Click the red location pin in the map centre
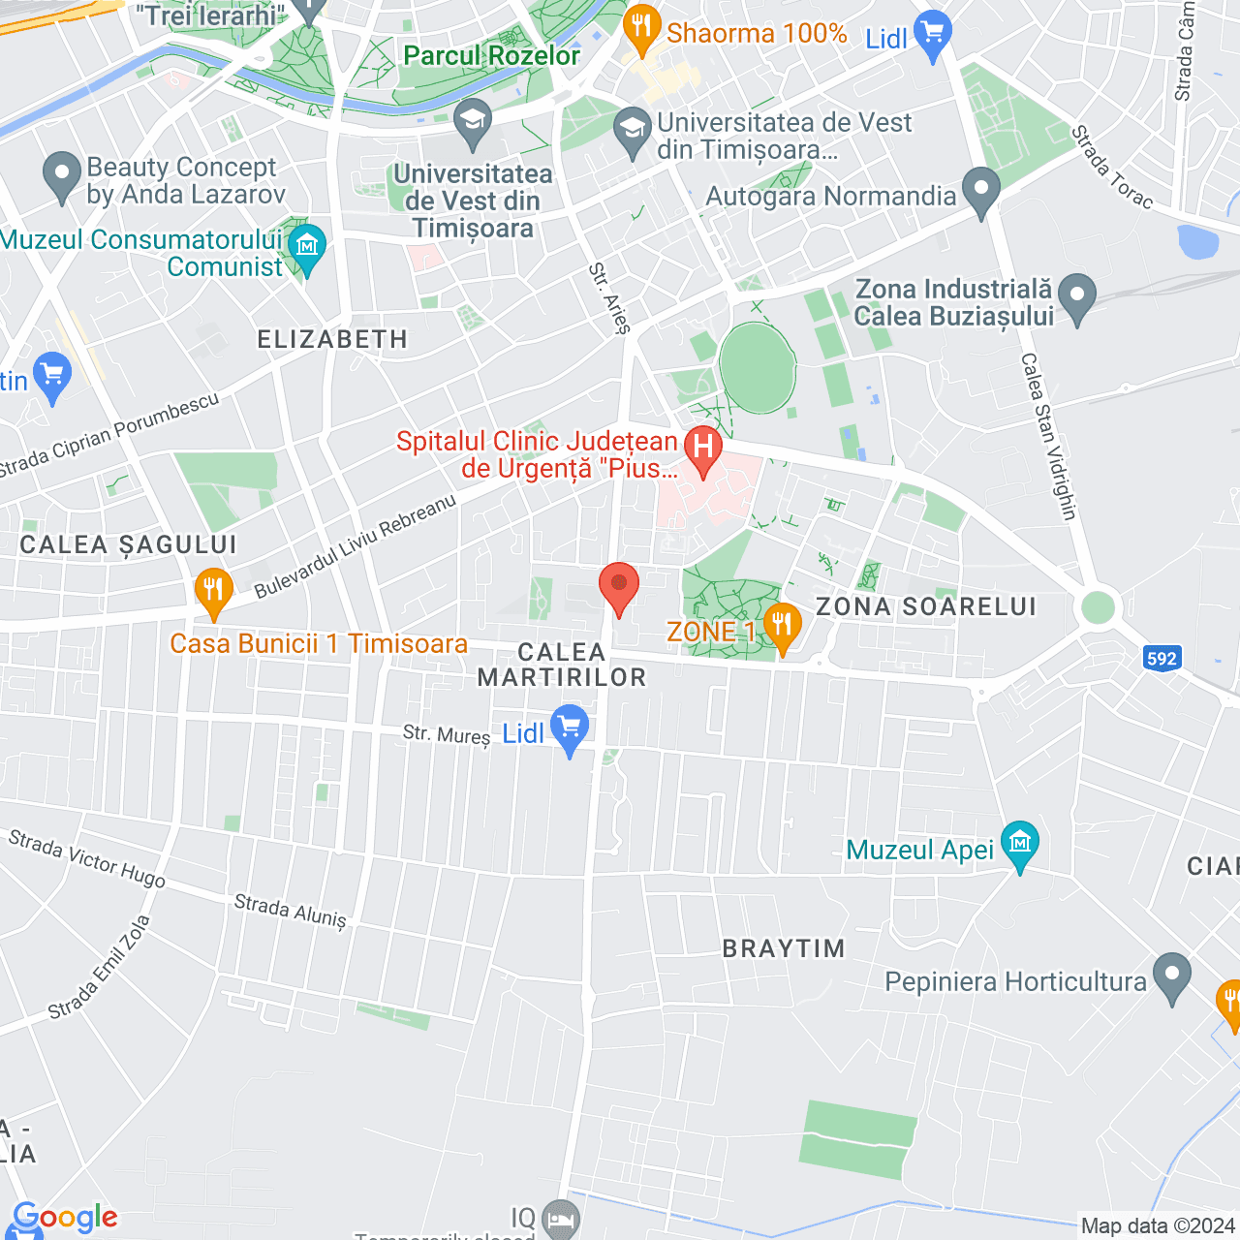tap(618, 585)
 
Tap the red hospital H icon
tap(703, 448)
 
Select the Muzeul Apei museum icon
tap(1019, 843)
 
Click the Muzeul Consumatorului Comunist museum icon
tap(307, 246)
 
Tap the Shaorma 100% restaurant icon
tap(641, 28)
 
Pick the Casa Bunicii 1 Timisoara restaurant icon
tap(213, 590)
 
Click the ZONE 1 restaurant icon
tap(782, 625)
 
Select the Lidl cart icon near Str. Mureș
tap(570, 727)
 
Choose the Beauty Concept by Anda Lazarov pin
tap(62, 175)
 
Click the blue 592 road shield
tap(1162, 659)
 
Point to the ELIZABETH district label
tap(332, 339)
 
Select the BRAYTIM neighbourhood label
tap(784, 948)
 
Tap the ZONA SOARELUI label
tap(926, 607)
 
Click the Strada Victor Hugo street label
tap(87, 858)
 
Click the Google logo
tap(66, 1217)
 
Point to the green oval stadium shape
tap(758, 368)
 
